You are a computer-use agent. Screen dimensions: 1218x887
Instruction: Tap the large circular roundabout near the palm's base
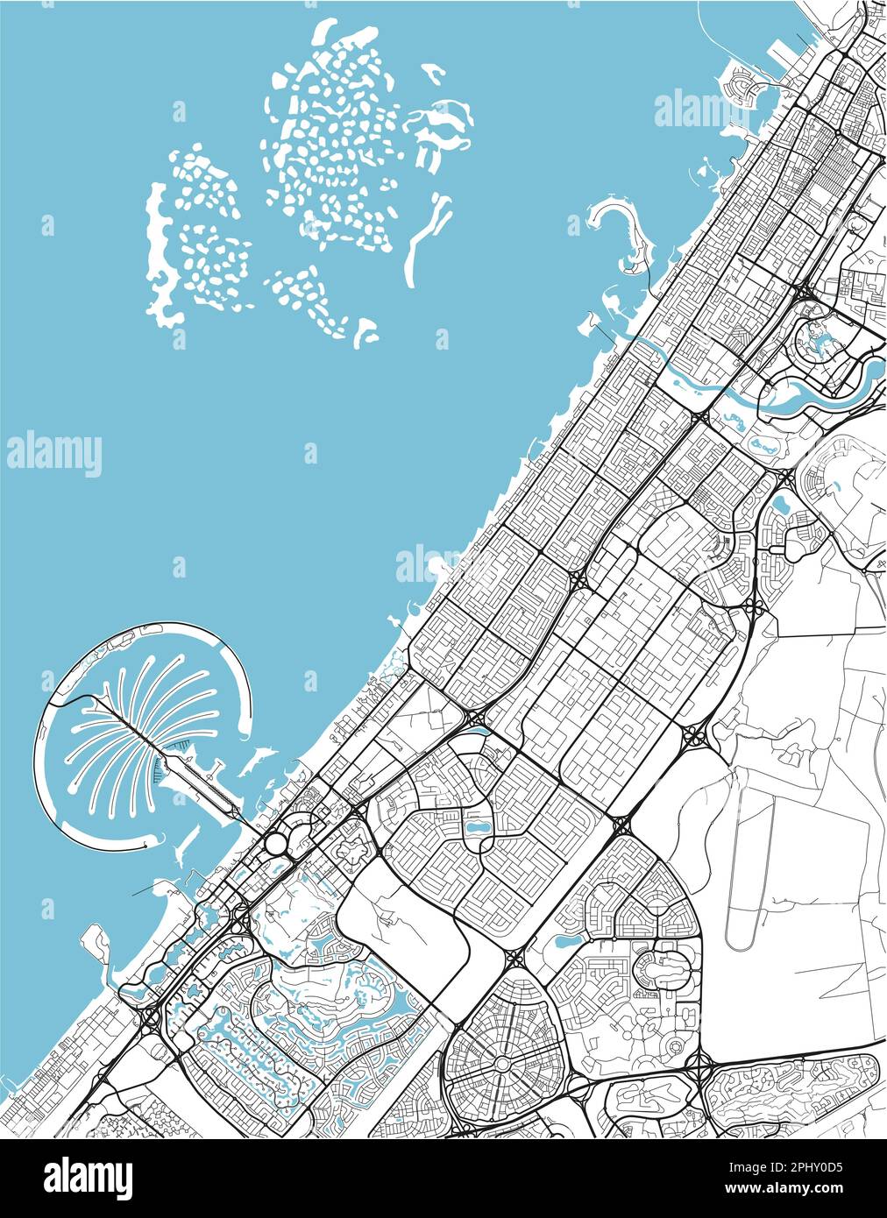point(276,843)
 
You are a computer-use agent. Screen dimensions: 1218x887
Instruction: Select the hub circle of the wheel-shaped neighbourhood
point(502,1063)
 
